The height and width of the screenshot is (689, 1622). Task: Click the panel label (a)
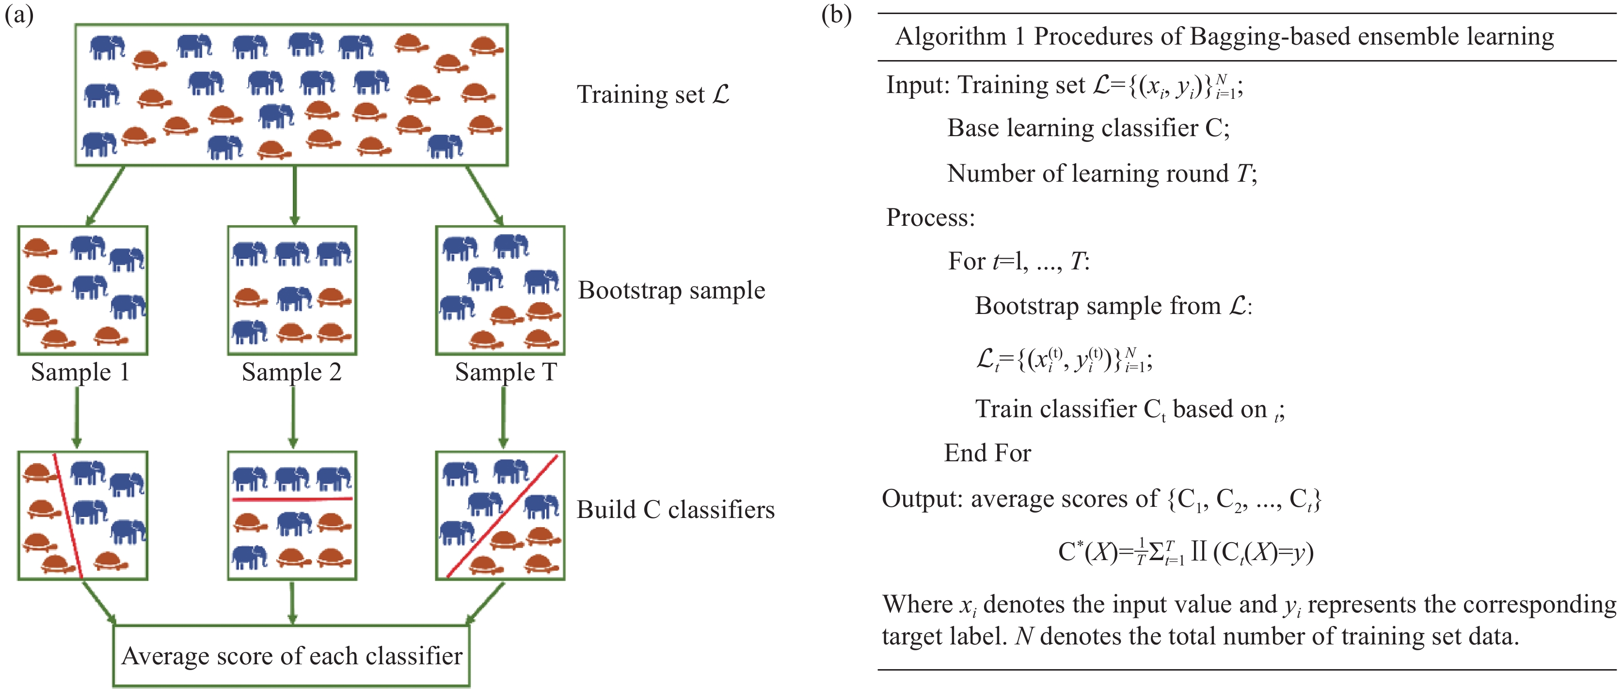[x=19, y=15]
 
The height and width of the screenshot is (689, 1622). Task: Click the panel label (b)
[x=836, y=15]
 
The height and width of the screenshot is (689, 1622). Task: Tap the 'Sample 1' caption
[x=80, y=372]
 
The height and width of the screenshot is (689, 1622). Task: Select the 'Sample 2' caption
[x=291, y=372]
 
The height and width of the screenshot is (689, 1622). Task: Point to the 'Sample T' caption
[x=506, y=372]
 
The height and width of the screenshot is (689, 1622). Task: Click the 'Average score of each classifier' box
[x=291, y=656]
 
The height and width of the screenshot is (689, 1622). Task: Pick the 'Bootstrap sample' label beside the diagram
[x=671, y=290]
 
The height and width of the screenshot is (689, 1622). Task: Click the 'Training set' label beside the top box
[x=653, y=94]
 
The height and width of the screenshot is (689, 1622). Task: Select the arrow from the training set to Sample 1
[x=105, y=196]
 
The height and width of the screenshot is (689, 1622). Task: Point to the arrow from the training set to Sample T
[x=484, y=196]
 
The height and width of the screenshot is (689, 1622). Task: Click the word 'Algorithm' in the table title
[x=950, y=36]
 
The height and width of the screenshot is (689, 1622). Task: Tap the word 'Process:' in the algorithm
[x=930, y=218]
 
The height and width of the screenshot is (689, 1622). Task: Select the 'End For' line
[x=986, y=453]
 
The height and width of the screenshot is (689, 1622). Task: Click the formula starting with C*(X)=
[x=1185, y=552]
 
